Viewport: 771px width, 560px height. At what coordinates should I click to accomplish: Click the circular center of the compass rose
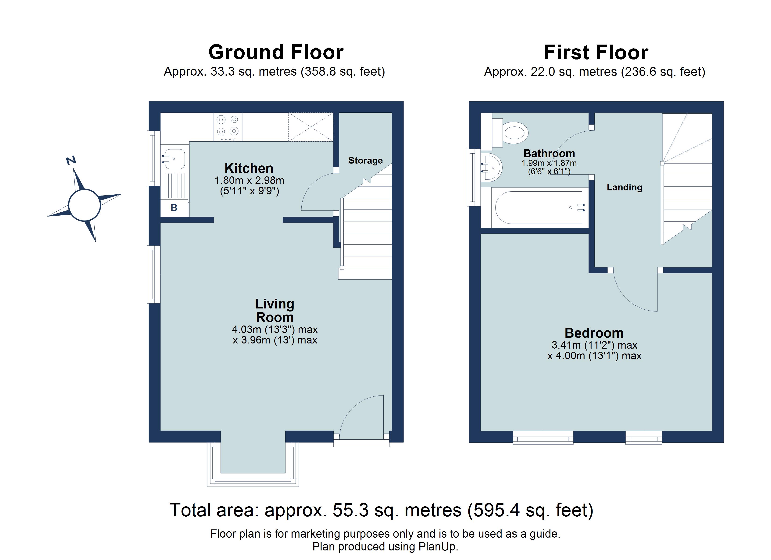click(84, 205)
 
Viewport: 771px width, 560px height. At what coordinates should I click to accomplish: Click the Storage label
click(365, 160)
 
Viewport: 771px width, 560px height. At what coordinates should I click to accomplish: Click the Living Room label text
click(275, 310)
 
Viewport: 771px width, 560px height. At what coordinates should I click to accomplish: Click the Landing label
click(625, 187)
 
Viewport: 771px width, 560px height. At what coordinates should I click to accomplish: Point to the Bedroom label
click(594, 333)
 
